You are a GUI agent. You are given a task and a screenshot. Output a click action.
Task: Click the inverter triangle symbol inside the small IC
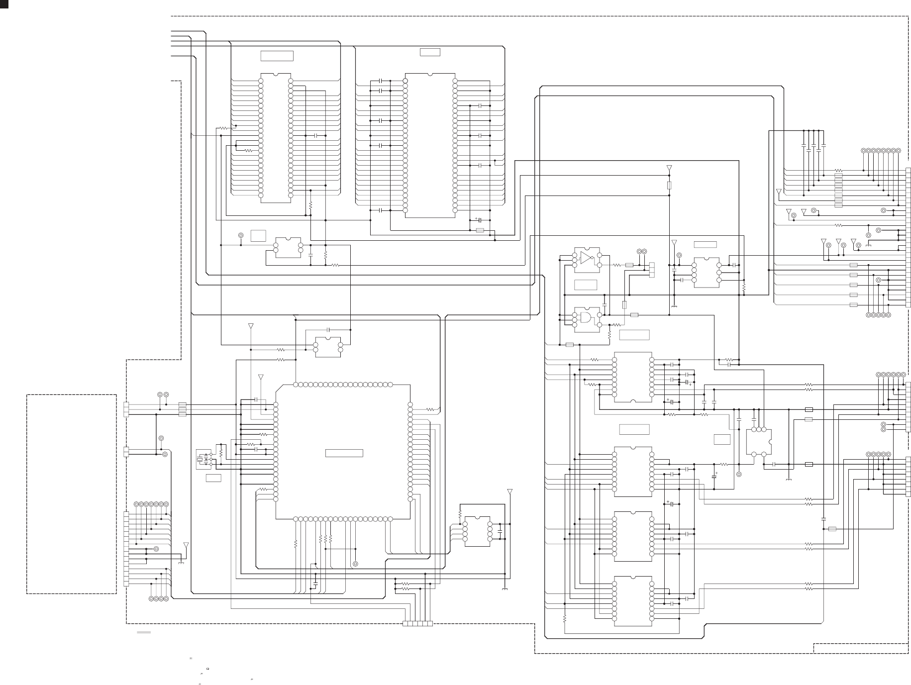(x=586, y=258)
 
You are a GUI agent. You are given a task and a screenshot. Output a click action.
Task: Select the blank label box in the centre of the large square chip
(x=344, y=453)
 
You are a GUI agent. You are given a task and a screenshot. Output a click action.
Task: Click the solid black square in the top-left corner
(x=4, y=4)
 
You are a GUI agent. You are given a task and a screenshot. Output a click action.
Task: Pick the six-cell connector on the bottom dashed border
(x=417, y=624)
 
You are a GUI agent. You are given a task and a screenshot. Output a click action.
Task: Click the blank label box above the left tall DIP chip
(x=277, y=56)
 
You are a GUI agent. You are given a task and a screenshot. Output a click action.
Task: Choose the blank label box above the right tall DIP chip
(x=430, y=52)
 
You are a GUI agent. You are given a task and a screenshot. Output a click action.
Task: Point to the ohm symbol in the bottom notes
(x=207, y=669)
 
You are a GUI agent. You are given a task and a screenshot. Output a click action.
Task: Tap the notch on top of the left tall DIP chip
(x=276, y=75)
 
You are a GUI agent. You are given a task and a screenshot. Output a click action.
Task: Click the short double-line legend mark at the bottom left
(x=144, y=632)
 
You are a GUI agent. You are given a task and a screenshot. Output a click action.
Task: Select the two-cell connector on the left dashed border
(x=126, y=452)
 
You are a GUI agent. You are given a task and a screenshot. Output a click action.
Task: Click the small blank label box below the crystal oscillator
(x=213, y=478)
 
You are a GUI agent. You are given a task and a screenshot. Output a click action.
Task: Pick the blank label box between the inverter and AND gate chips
(x=586, y=285)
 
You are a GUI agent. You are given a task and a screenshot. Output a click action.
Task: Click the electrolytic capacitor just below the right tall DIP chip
(x=479, y=220)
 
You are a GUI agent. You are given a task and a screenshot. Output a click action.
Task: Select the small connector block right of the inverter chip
(x=652, y=270)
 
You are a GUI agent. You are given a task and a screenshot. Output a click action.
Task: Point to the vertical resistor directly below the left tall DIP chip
(x=310, y=204)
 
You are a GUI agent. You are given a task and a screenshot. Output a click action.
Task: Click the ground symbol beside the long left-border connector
(x=181, y=563)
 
